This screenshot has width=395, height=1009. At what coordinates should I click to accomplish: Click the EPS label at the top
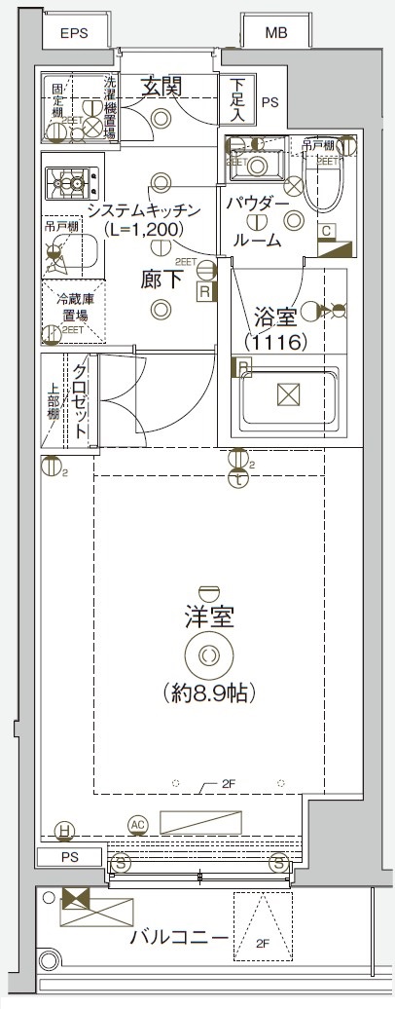coord(74,33)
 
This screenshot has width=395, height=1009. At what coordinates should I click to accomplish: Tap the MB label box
coord(276,33)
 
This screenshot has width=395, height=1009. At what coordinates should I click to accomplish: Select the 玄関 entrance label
coord(162,86)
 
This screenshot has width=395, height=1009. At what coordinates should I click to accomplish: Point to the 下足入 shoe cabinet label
coord(236,100)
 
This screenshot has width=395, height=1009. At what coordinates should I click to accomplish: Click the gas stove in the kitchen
coord(72,180)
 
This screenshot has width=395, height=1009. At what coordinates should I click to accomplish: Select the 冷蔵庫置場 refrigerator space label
coord(73,307)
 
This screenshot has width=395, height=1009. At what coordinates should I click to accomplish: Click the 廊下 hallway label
coord(162,280)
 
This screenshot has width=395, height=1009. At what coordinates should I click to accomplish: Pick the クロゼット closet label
coord(81,399)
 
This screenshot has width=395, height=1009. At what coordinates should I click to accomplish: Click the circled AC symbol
coord(138,825)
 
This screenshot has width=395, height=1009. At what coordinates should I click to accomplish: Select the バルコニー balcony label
coord(180,939)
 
